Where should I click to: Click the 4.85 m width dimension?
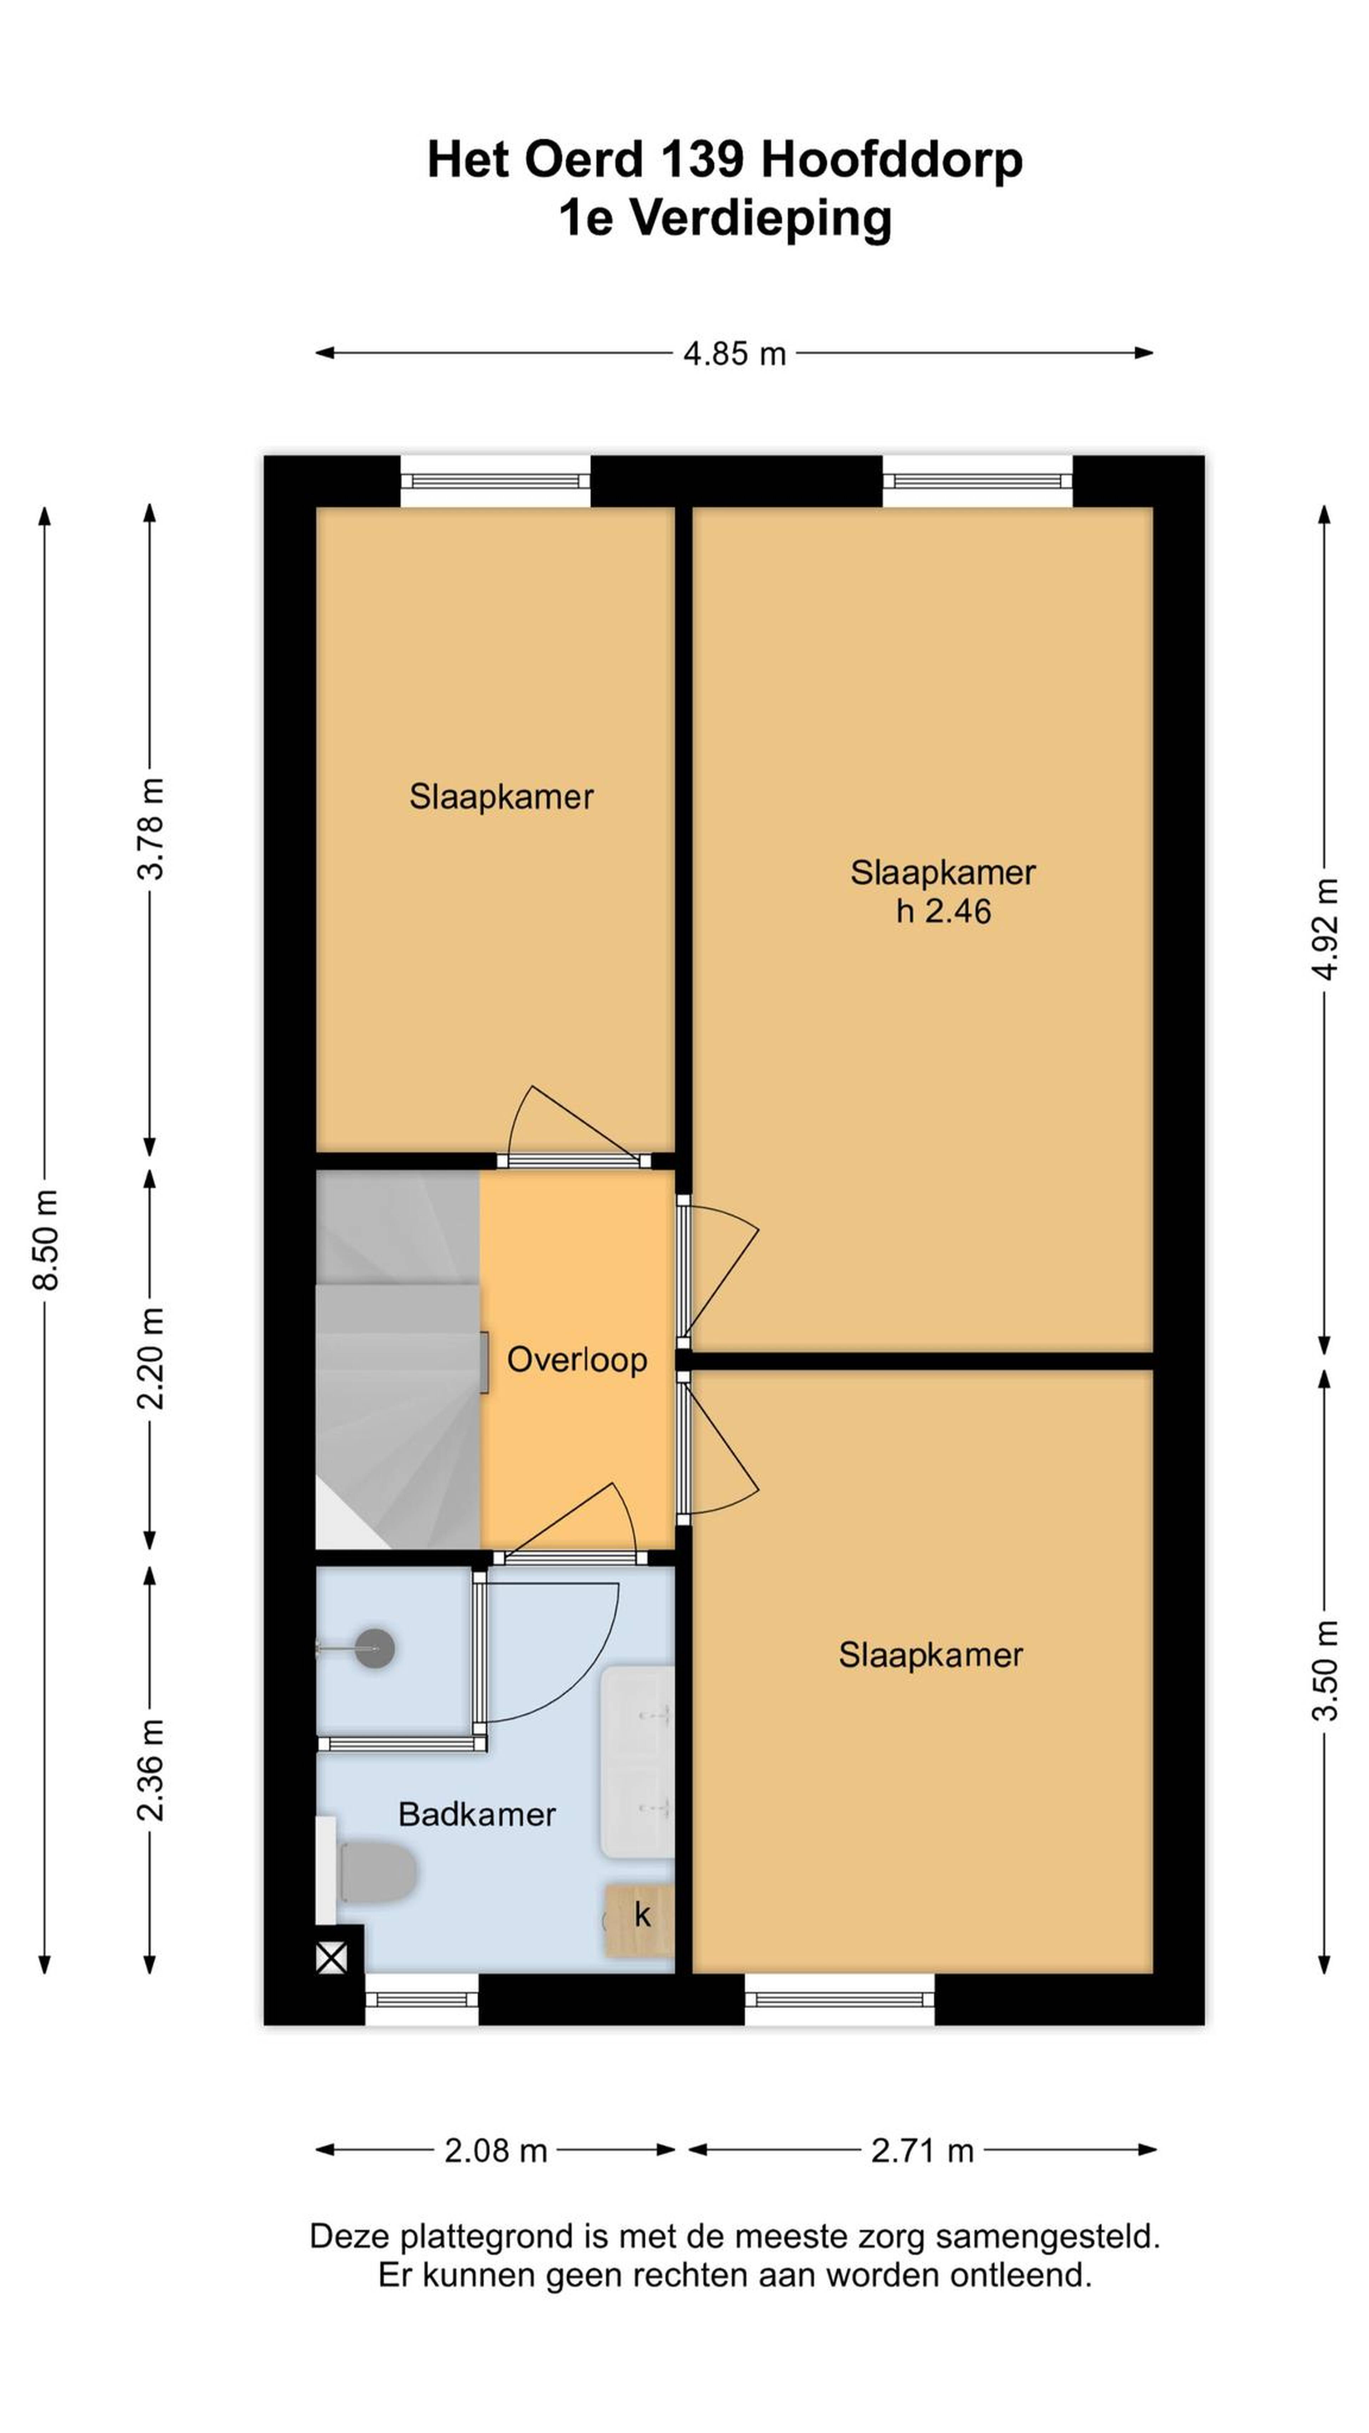click(734, 353)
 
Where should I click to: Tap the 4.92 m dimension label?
click(1326, 929)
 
